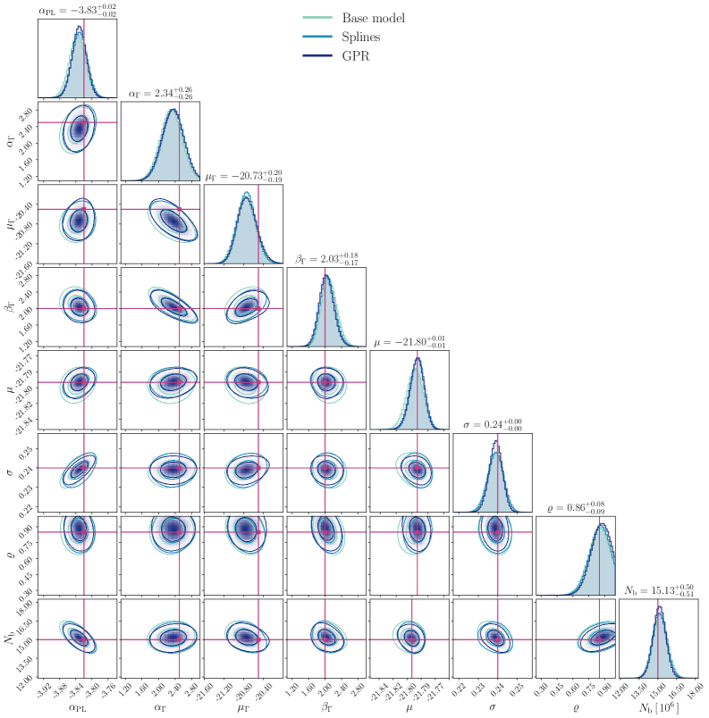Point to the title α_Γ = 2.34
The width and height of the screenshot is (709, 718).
click(x=160, y=93)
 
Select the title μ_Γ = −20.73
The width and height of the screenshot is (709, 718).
click(x=243, y=176)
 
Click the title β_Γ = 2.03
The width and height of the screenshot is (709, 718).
click(x=326, y=259)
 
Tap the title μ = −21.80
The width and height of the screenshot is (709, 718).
click(x=409, y=342)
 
